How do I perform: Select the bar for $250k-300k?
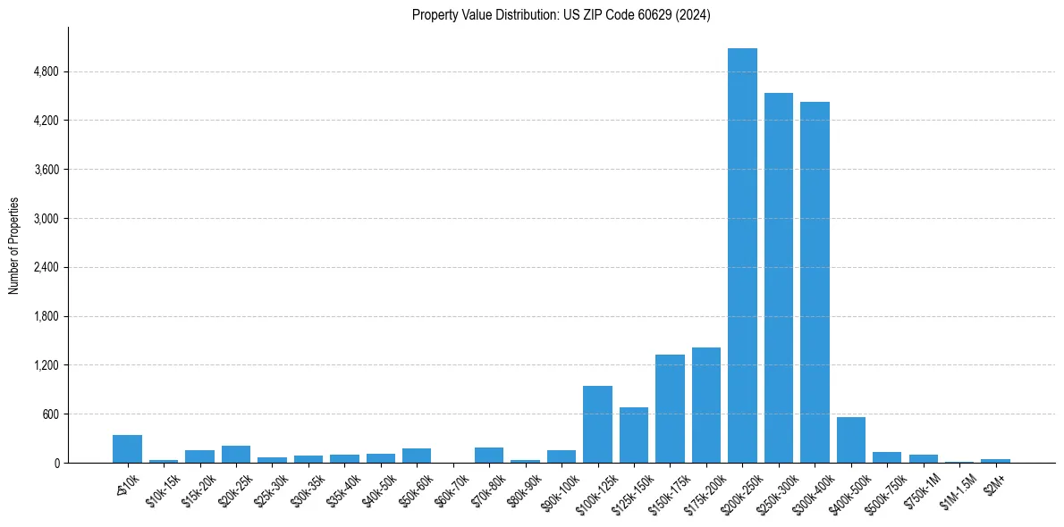tap(778, 278)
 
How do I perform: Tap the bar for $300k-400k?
tap(815, 282)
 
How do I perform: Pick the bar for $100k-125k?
tap(597, 424)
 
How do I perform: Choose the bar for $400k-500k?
tap(850, 439)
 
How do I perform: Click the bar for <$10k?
tap(127, 448)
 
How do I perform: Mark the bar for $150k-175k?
tap(670, 408)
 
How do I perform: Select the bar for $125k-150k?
tap(634, 435)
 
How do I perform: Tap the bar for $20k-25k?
tap(236, 454)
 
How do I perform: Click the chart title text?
tap(561, 15)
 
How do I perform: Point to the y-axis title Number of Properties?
tap(14, 246)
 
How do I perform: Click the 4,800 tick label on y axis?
tap(46, 71)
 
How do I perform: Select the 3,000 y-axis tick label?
tap(46, 218)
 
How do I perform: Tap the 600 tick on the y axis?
tap(49, 414)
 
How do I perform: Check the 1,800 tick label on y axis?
tap(46, 316)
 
